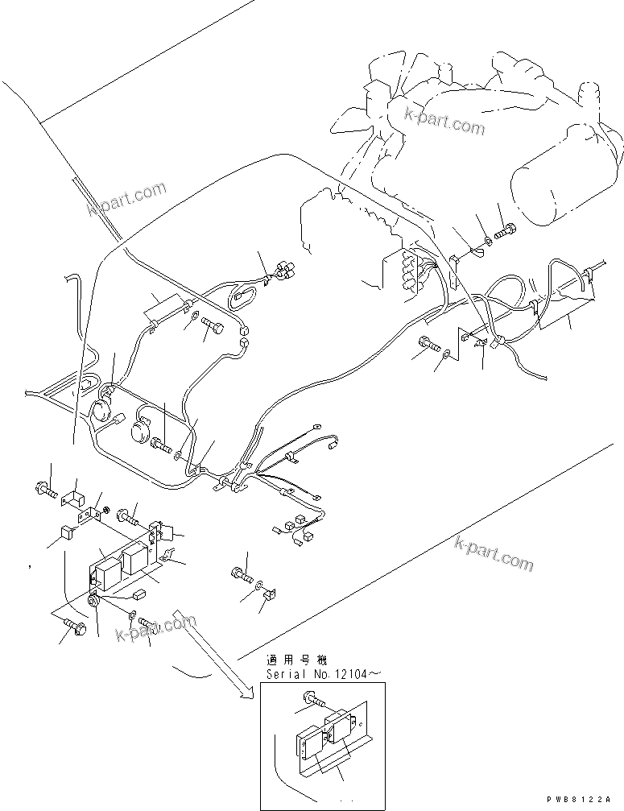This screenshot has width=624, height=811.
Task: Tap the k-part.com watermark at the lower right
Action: [x=494, y=555]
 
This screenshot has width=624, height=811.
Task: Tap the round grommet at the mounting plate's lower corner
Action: [x=93, y=599]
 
